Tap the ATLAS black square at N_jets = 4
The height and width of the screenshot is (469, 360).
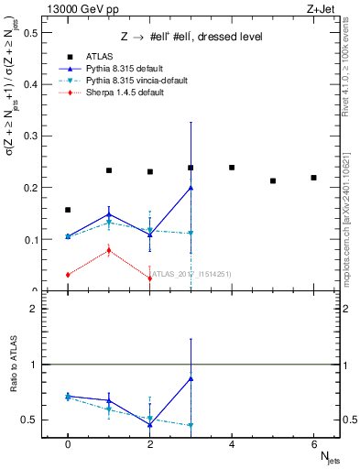tap(232, 168)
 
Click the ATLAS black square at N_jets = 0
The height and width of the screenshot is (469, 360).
tap(68, 210)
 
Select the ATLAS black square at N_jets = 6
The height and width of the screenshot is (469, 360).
tap(313, 178)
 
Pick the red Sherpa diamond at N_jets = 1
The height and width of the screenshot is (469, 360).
tap(109, 250)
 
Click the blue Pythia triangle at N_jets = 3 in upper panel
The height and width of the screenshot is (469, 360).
tap(191, 188)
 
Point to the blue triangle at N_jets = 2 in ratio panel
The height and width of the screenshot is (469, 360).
tap(149, 424)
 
